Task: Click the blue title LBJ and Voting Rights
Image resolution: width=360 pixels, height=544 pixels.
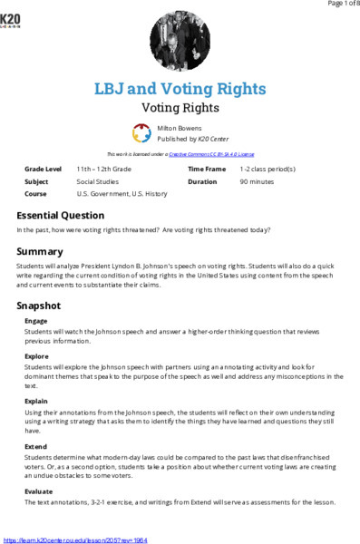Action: tap(180, 89)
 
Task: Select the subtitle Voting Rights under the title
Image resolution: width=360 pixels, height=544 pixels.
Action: tap(180, 107)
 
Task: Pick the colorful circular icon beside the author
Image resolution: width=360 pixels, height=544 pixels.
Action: tap(141, 133)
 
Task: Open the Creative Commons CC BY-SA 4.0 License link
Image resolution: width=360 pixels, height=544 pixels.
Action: tap(210, 154)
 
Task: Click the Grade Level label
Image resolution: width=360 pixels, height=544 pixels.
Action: tap(44, 169)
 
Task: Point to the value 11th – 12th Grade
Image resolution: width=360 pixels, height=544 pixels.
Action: tap(103, 169)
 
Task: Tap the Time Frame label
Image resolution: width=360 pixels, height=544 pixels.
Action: tap(207, 169)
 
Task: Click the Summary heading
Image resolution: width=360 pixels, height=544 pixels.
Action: tap(40, 250)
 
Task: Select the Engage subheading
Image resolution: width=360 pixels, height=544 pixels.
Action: tap(36, 321)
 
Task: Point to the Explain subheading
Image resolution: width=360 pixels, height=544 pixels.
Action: tap(37, 399)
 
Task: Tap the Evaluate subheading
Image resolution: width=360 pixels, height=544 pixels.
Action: tap(39, 491)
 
